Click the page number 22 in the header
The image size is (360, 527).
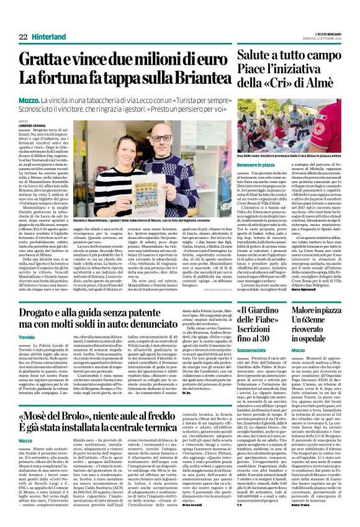[x=23, y=37]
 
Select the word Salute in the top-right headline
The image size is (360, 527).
[x=254, y=57]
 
